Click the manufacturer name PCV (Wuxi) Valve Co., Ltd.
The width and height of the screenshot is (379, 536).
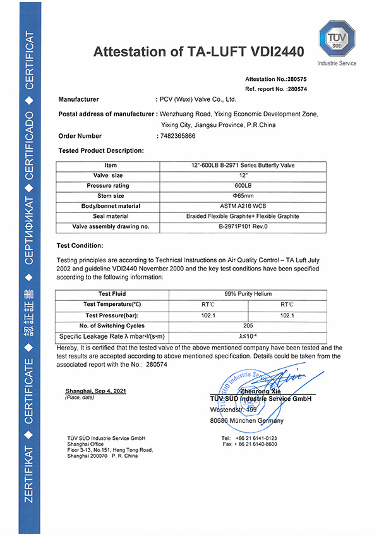[x=198, y=100]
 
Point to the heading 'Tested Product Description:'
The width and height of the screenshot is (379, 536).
[x=101, y=150]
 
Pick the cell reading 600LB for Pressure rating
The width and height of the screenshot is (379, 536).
[x=243, y=186]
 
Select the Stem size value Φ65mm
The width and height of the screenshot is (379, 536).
[x=243, y=196]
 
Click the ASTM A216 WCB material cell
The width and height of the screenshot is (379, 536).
[x=243, y=206]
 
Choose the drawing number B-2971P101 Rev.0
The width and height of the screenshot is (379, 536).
[x=243, y=226]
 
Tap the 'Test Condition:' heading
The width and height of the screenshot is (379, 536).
[x=81, y=245]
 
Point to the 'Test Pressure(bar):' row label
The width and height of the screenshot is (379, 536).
[x=111, y=315]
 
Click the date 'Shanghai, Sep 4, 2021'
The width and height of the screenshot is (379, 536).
[x=95, y=391]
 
